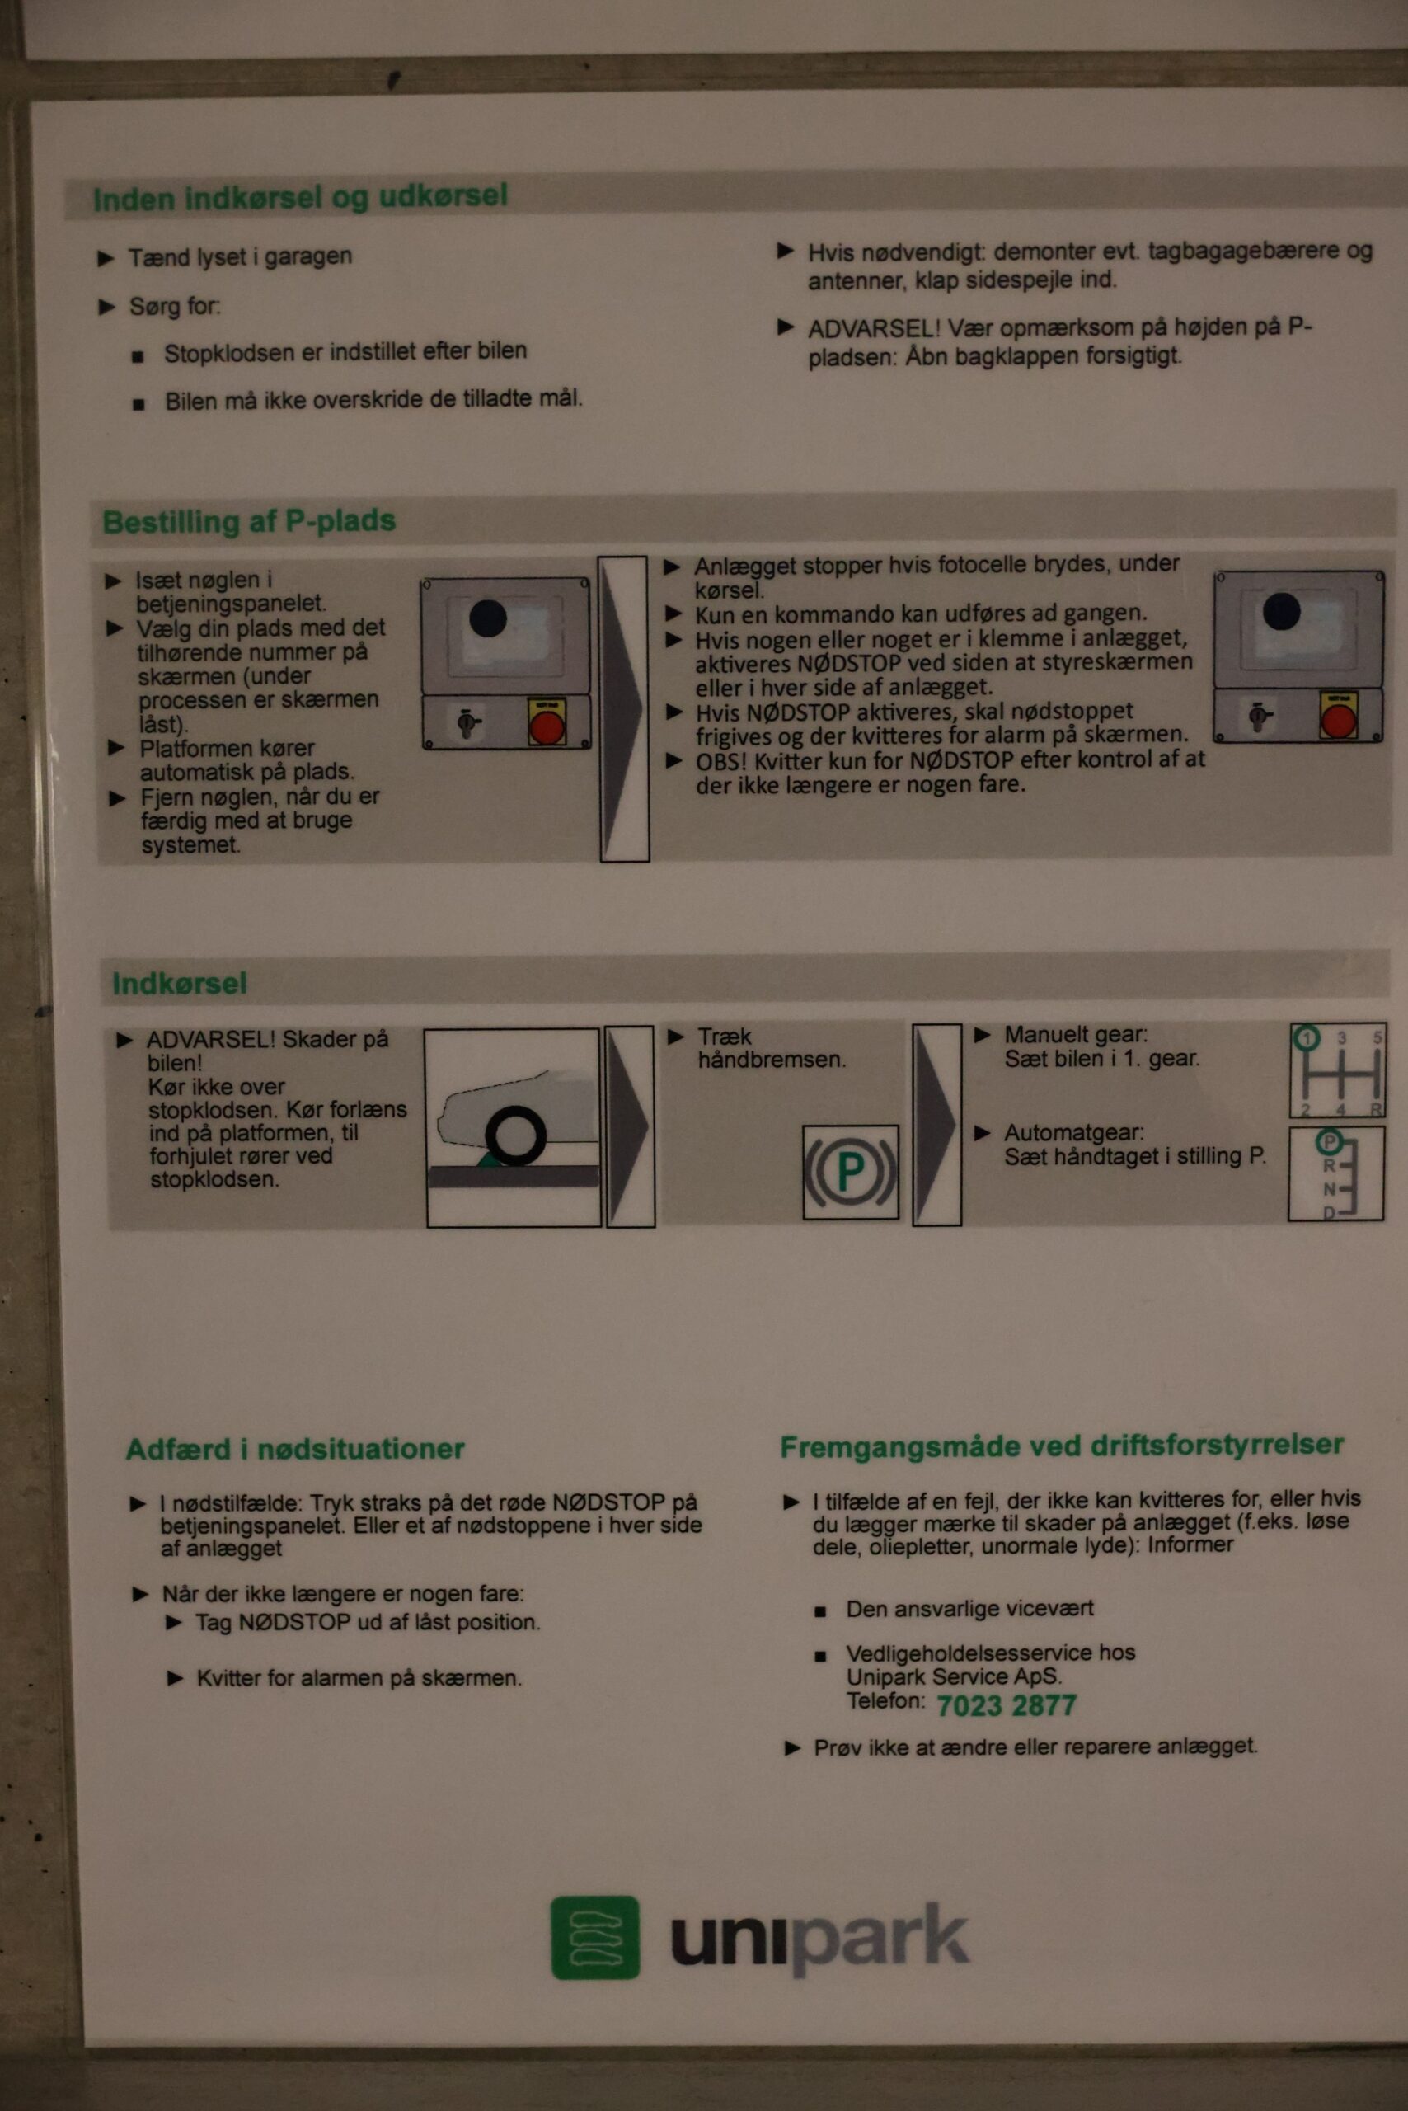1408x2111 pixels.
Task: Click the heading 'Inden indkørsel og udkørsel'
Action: tap(300, 198)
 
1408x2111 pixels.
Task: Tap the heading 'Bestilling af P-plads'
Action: tap(249, 522)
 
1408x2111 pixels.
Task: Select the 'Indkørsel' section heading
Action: tap(179, 984)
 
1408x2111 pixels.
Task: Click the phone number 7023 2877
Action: tap(1006, 1706)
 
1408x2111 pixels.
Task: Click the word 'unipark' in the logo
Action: tap(820, 1940)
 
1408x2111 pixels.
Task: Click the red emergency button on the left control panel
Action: tap(546, 724)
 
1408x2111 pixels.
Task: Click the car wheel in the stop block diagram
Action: tap(515, 1135)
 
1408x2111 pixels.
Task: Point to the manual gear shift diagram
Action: tap(1338, 1070)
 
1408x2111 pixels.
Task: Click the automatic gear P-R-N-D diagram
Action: tap(1335, 1173)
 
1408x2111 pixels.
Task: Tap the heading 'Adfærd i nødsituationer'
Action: tap(294, 1449)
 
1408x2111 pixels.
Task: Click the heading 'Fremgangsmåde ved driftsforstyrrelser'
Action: tap(1062, 1446)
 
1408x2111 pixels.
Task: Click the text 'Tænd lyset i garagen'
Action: tap(240, 257)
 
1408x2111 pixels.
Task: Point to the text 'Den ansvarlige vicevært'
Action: tap(969, 1609)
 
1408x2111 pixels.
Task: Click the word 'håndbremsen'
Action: tap(772, 1060)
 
